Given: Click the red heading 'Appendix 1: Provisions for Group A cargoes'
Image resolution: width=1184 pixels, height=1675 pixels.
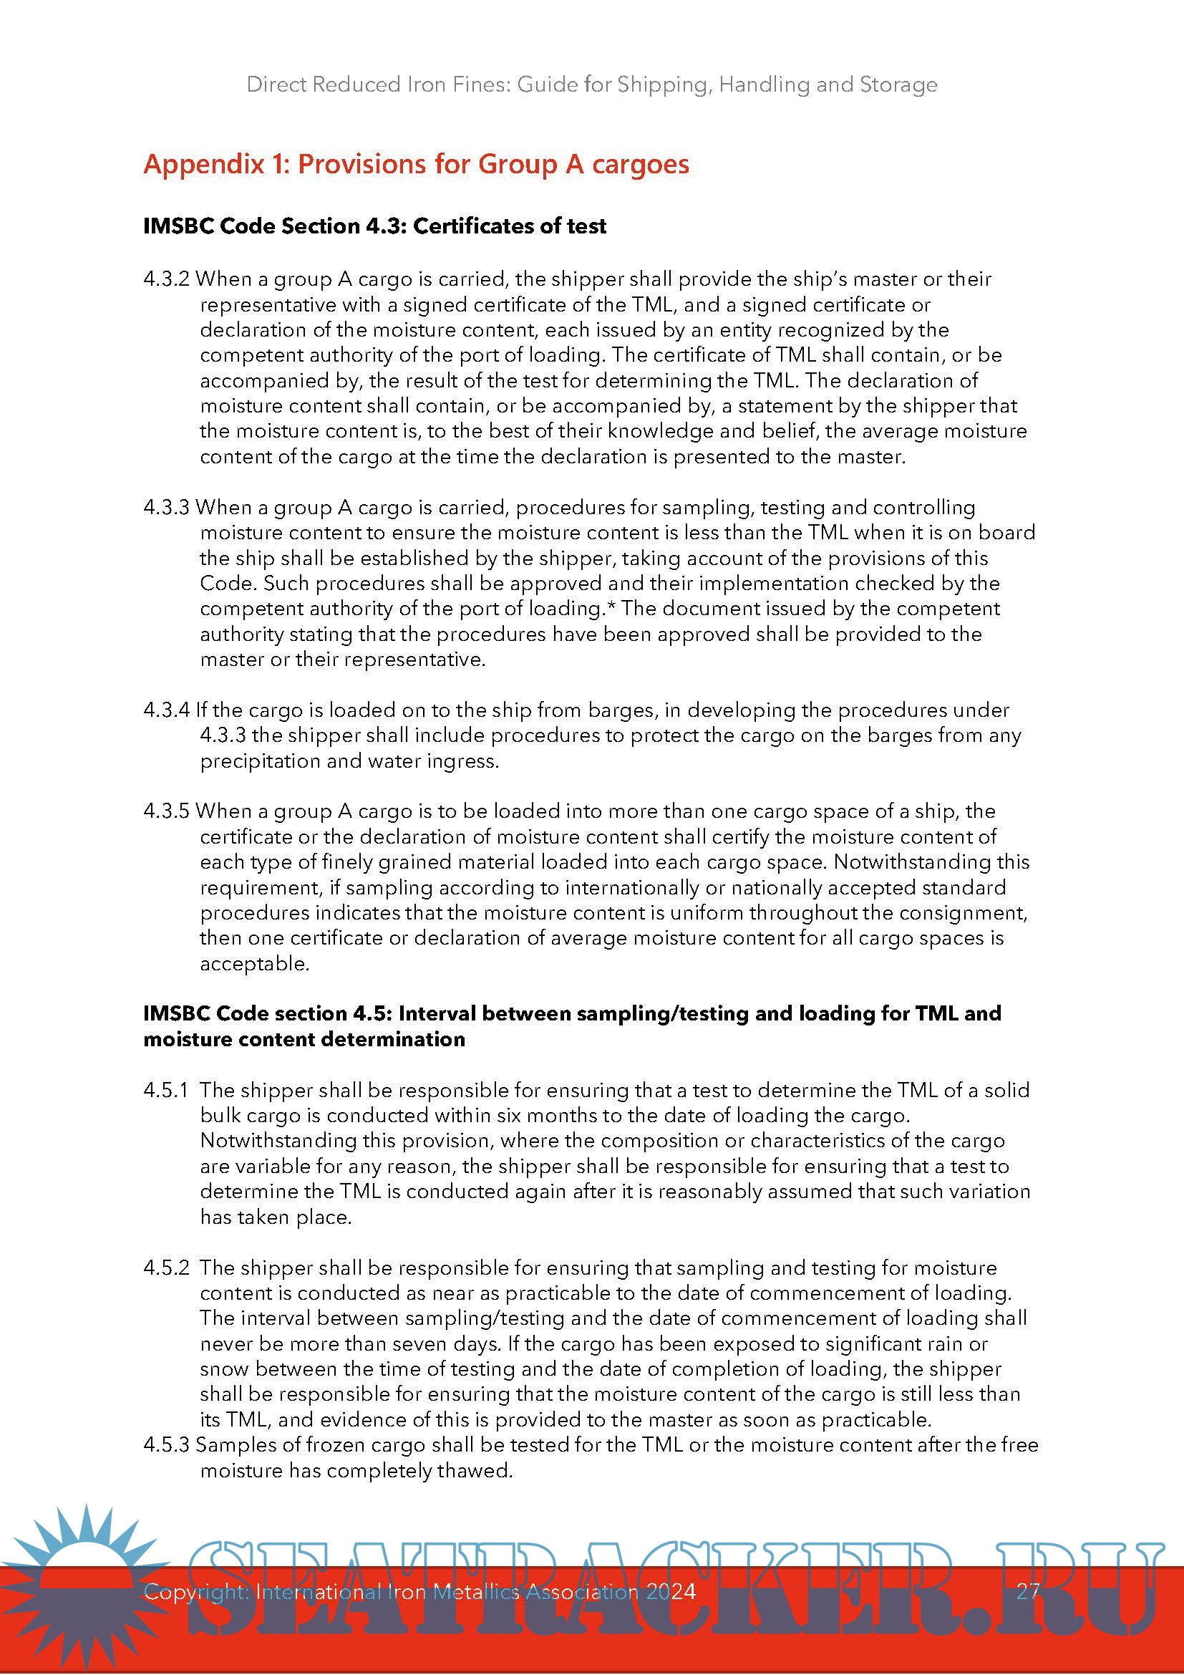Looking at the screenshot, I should tap(416, 164).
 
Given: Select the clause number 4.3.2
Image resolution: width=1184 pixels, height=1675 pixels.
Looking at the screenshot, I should tap(166, 279).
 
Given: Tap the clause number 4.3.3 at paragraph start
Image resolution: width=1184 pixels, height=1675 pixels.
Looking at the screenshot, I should tap(166, 508).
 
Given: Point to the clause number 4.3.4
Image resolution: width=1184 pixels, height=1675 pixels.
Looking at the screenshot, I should tap(166, 710).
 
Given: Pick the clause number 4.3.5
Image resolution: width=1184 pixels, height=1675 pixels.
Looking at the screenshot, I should tap(166, 811).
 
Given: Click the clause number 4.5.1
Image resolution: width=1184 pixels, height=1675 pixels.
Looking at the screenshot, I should tap(165, 1090).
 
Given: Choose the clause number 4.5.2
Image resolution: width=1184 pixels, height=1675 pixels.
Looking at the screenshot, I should tap(165, 1268).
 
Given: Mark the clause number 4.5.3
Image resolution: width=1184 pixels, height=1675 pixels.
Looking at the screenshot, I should tap(166, 1445).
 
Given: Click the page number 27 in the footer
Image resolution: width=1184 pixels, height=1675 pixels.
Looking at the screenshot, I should tap(1028, 1591).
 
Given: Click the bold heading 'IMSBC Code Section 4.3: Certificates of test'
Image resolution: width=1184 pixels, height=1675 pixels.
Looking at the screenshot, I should tap(374, 226).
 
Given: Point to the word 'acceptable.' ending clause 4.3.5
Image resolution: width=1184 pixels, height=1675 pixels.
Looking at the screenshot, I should tap(255, 964).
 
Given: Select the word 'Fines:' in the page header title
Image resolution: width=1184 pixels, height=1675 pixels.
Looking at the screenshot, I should tap(482, 85).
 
